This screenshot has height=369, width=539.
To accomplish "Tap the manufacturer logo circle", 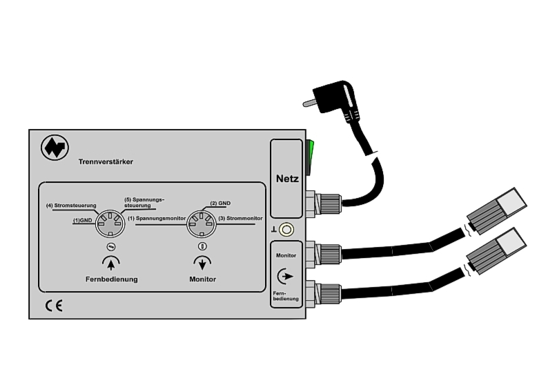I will click(x=53, y=147).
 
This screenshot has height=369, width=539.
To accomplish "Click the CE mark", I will click(x=53, y=305).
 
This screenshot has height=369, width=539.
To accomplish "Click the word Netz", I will click(x=287, y=178).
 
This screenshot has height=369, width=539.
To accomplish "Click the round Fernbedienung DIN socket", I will click(x=110, y=223).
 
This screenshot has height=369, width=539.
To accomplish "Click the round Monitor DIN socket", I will click(x=200, y=223).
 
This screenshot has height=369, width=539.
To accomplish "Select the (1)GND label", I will click(x=83, y=221).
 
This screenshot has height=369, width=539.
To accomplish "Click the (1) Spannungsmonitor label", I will click(x=157, y=218).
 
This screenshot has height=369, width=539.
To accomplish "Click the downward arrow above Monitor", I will click(x=202, y=262).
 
